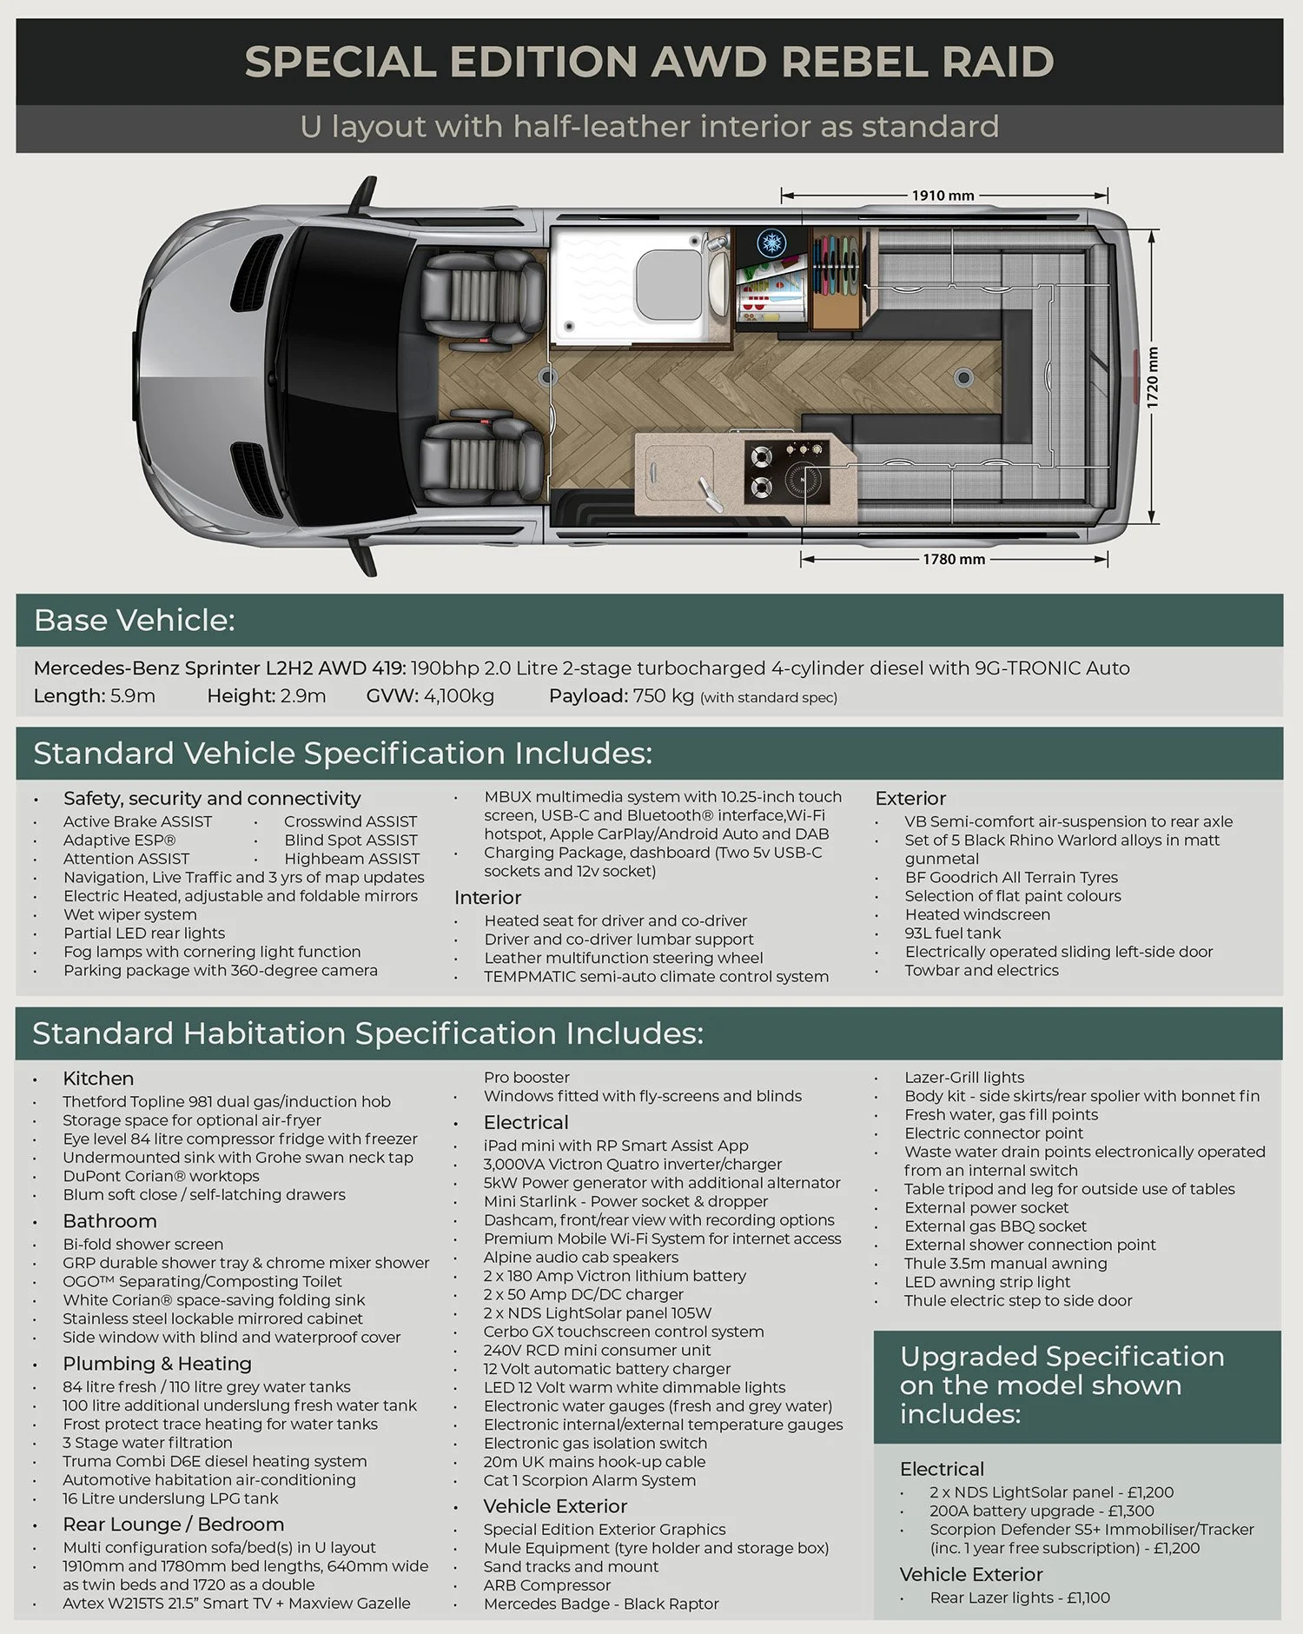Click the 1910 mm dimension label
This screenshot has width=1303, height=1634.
pyautogui.click(x=943, y=196)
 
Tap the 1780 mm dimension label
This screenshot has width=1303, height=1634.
pyautogui.click(x=953, y=559)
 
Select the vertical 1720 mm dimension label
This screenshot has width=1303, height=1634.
pyautogui.click(x=1152, y=377)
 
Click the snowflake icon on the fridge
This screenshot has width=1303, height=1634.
pyautogui.click(x=770, y=242)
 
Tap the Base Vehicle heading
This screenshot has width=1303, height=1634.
pyautogui.click(x=134, y=621)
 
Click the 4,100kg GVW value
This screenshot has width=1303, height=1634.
pyautogui.click(x=459, y=696)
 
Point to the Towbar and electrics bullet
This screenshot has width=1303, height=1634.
pyautogui.click(x=981, y=971)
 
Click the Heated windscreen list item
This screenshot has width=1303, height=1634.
pyautogui.click(x=976, y=914)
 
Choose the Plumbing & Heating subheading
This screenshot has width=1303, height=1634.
pyautogui.click(x=156, y=1364)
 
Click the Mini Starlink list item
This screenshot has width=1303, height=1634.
pyautogui.click(x=625, y=1201)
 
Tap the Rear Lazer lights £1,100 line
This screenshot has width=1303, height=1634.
pyautogui.click(x=1019, y=1597)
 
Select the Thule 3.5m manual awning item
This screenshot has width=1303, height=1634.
pyautogui.click(x=1005, y=1264)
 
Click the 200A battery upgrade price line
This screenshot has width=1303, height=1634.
pyautogui.click(x=1041, y=1511)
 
